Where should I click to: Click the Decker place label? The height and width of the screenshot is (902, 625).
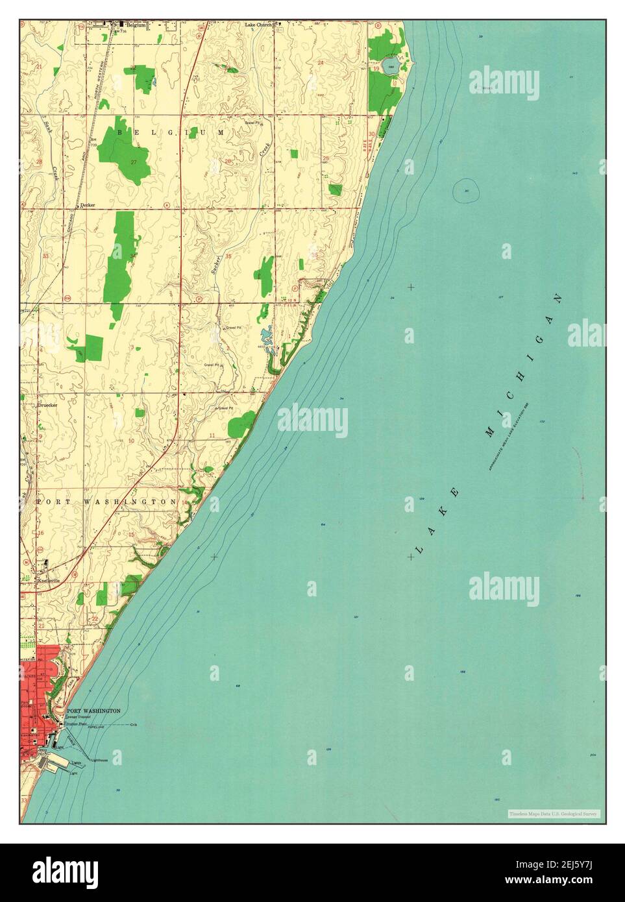point(88,205)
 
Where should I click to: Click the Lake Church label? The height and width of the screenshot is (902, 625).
point(259,25)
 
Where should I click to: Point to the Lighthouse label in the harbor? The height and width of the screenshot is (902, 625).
point(99,760)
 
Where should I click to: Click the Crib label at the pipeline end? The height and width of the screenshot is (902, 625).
point(134,725)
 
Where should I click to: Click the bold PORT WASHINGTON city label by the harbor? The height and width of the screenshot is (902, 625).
point(93,711)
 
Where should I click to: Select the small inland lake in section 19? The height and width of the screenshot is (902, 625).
point(391,64)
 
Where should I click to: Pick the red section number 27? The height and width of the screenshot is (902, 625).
point(134,162)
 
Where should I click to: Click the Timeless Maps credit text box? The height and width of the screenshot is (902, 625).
point(554,813)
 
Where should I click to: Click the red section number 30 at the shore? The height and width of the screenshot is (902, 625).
point(371,134)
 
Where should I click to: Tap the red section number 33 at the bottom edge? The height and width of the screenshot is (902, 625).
point(24,801)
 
